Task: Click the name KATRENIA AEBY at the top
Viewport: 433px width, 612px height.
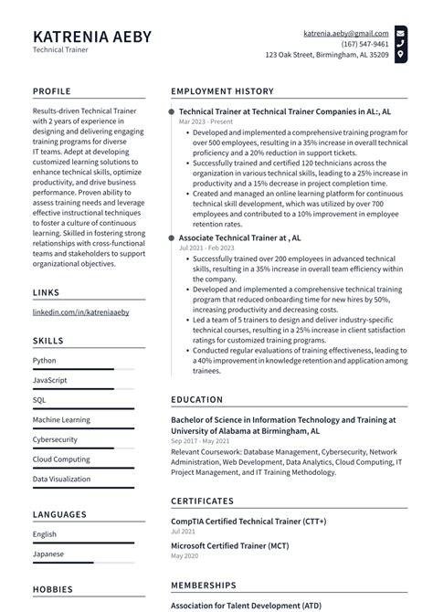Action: [x=92, y=37]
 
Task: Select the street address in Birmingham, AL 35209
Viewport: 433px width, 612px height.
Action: [x=326, y=55]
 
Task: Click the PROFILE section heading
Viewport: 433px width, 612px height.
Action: [x=52, y=91]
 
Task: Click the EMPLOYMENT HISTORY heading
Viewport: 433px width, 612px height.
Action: [x=222, y=91]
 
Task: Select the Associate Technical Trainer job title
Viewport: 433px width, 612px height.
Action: [x=239, y=237]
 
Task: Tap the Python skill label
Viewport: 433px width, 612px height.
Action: [x=45, y=361]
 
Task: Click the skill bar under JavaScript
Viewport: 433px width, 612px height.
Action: [x=83, y=388]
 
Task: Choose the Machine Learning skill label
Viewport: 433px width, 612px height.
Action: [x=61, y=419]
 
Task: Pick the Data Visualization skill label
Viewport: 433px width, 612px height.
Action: [x=61, y=479]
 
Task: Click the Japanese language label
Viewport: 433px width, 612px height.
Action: [x=48, y=554]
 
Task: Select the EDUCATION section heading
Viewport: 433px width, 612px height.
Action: [x=196, y=400]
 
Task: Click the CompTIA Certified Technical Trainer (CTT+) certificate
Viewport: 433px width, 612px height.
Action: [x=248, y=521]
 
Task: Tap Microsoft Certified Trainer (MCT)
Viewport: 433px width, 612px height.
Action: [x=231, y=545]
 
